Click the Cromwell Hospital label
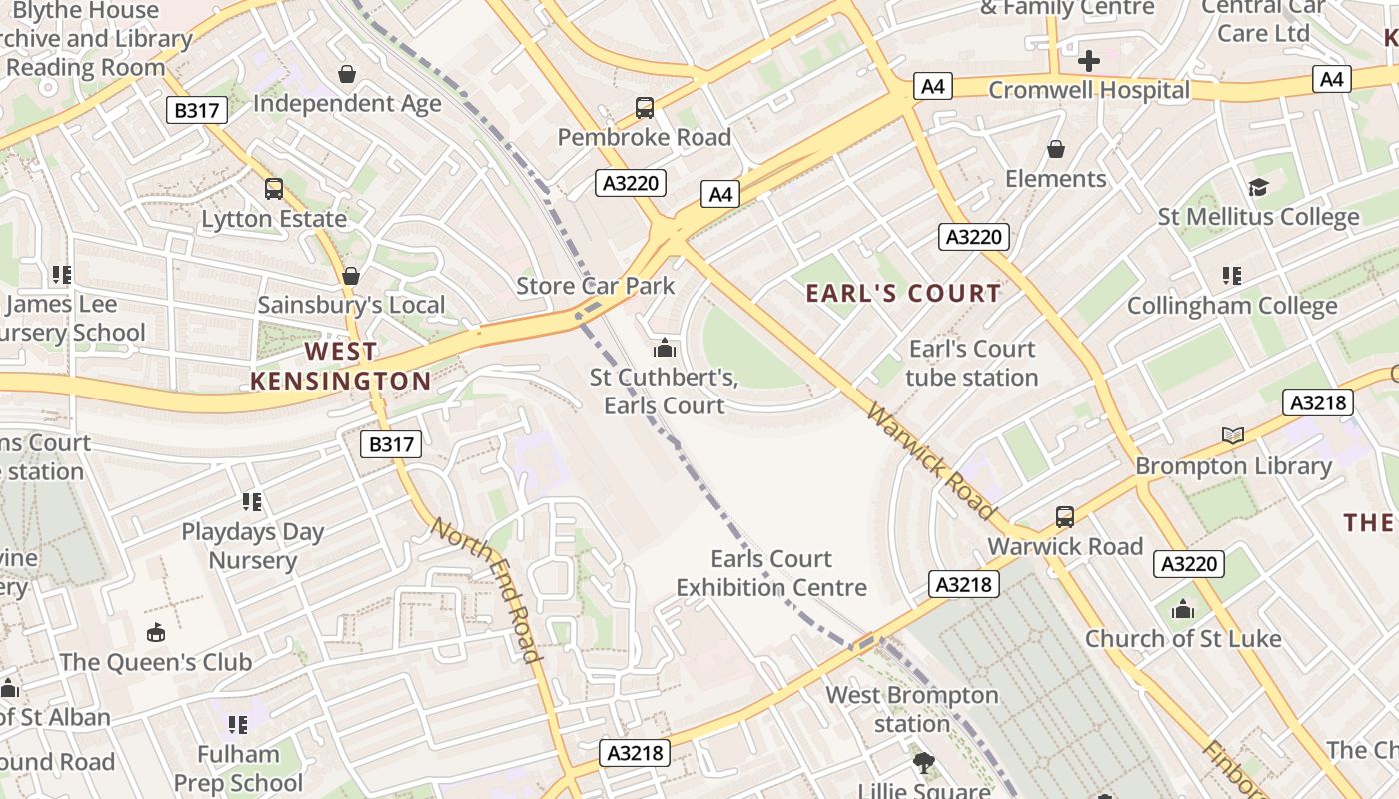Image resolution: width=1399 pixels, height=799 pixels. pos(1089,90)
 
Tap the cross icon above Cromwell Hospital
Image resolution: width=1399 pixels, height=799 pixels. pos(1088,61)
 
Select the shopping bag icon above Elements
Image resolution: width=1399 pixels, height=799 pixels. pos(1056,150)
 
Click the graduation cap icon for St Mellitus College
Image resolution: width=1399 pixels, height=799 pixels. pos(1258,187)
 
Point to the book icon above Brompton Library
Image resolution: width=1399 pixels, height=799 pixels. pos(1233,435)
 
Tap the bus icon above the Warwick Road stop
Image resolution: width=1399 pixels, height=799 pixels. pos(1065,517)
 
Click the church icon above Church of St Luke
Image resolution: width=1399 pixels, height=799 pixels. pos(1183,609)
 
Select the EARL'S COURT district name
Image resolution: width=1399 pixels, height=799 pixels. pos(903,293)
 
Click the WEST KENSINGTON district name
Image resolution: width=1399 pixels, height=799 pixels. pos(340,366)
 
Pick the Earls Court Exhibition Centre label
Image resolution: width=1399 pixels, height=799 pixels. pos(771,573)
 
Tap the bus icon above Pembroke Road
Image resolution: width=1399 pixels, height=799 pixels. pos(645,107)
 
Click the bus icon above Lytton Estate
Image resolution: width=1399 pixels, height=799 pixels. pos(274,188)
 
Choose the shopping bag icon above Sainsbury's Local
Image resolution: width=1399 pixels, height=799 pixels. pos(351,275)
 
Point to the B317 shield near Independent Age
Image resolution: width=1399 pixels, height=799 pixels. pos(197,110)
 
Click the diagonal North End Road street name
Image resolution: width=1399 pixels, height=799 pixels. pos(487,589)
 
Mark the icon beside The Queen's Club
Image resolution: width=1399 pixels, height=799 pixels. pos(156,632)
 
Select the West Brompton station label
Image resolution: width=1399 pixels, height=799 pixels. pos(911,709)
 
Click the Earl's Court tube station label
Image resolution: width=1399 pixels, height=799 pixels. pos(972,363)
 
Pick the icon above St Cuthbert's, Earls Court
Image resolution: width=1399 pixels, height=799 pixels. pos(664,349)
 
